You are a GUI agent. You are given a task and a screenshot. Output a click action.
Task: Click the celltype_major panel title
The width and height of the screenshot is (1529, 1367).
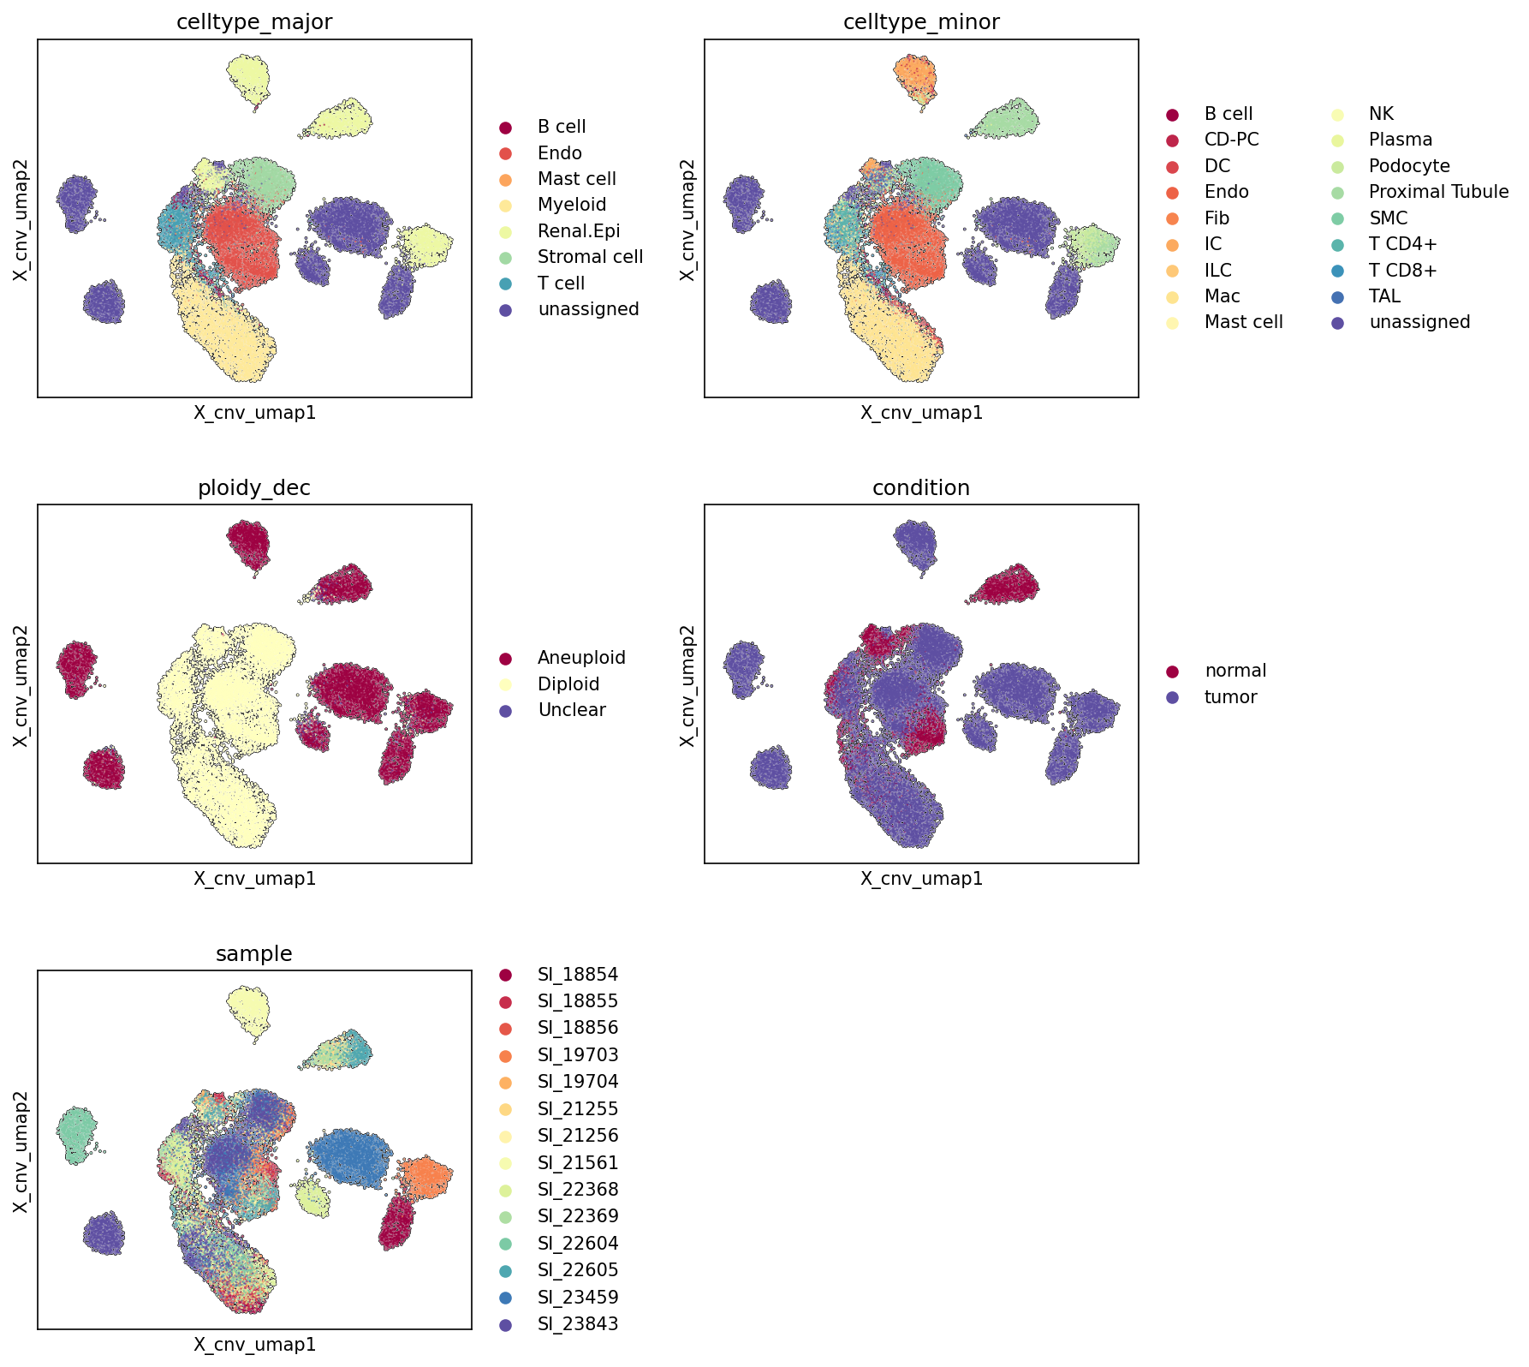tap(254, 22)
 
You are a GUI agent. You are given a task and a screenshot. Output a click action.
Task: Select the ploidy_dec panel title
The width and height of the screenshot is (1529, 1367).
tap(254, 488)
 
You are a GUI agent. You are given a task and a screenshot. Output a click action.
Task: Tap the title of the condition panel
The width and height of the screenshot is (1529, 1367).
tap(921, 488)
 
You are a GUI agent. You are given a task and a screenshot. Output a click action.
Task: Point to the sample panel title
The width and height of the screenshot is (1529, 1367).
tap(254, 954)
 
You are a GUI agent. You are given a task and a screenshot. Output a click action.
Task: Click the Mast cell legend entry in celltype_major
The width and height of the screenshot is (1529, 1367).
tap(577, 179)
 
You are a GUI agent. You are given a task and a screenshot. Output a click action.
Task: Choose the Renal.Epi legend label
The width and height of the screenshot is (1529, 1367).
tap(579, 231)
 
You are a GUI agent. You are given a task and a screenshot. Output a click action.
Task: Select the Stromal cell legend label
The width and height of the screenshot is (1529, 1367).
tap(590, 257)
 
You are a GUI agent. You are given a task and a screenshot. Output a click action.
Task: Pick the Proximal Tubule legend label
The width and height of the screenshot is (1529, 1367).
tap(1438, 192)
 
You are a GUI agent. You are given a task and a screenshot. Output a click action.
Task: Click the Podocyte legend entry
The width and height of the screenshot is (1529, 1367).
tap(1409, 166)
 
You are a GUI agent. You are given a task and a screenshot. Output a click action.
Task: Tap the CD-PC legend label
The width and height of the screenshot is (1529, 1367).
tap(1231, 140)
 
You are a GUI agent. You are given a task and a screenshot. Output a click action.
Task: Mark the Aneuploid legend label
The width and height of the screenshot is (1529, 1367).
tap(581, 658)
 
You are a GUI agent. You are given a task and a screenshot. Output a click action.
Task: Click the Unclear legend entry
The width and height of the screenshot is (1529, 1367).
tap(572, 710)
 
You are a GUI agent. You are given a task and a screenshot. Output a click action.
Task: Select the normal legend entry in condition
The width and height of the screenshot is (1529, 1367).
tap(1235, 671)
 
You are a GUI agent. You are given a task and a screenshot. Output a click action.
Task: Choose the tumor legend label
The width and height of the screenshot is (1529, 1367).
tap(1230, 697)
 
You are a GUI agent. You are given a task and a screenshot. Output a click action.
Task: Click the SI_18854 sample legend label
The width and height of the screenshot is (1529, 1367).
tap(578, 975)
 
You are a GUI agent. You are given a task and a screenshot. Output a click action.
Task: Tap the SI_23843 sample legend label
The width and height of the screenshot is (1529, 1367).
tap(578, 1324)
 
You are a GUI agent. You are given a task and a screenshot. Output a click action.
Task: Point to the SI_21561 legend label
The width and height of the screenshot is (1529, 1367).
tap(578, 1163)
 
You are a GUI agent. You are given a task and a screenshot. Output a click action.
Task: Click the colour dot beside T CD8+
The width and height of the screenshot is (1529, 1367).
tap(1336, 271)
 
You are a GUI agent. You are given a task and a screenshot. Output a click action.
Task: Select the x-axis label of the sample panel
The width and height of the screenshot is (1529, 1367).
tap(254, 1345)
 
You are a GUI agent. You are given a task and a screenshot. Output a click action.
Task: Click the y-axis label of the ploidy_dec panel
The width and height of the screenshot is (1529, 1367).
tap(21, 684)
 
